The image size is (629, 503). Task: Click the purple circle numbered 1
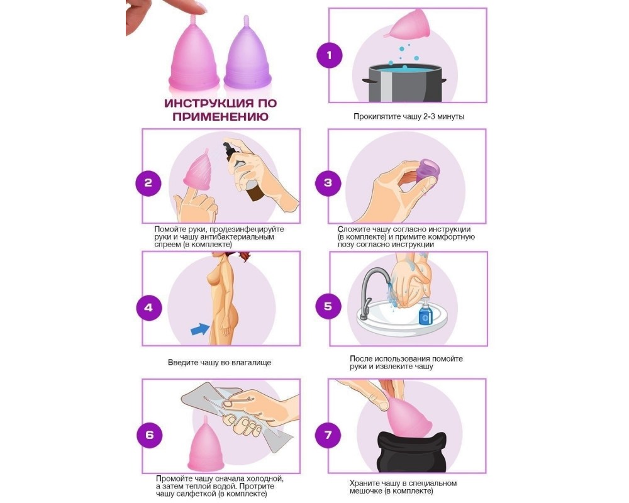click(x=330, y=55)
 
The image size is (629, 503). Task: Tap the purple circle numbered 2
click(x=148, y=183)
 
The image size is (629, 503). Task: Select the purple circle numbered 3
click(x=328, y=183)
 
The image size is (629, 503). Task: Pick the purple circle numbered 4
click(x=148, y=307)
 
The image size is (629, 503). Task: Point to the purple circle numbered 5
click(x=328, y=306)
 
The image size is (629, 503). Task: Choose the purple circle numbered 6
click(x=149, y=435)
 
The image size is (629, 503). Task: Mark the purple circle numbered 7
click(x=328, y=435)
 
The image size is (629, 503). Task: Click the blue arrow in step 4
click(x=200, y=329)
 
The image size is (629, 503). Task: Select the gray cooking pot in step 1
click(x=405, y=84)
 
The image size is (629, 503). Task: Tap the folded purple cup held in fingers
click(x=427, y=169)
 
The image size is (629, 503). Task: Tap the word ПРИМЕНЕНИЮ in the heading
click(x=220, y=117)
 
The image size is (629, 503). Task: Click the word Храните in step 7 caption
click(x=364, y=484)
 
